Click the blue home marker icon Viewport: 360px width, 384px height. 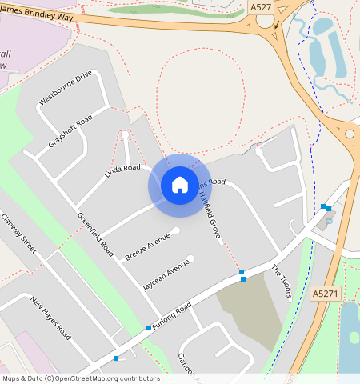[180, 185]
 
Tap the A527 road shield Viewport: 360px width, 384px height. [260, 6]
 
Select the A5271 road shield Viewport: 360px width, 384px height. [323, 294]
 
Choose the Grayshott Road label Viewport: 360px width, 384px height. [70, 132]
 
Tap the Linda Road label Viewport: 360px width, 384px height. [122, 171]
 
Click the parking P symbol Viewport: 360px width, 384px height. [328, 222]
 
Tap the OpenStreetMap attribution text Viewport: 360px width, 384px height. [80, 378]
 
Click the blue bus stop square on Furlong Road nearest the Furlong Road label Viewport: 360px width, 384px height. [148, 328]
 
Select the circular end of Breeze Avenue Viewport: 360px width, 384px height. [176, 230]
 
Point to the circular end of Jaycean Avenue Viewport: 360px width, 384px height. [190, 258]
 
